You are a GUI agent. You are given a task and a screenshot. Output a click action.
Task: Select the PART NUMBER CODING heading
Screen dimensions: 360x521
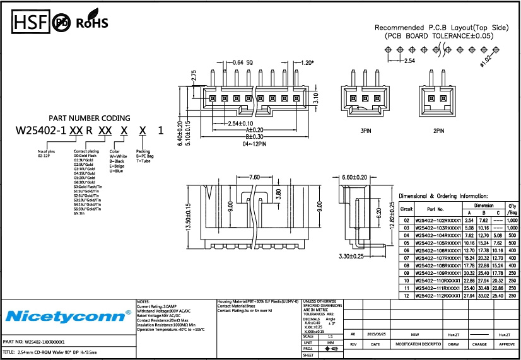pos(90,118)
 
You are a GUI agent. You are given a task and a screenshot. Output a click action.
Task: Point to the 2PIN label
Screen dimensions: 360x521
pos(439,131)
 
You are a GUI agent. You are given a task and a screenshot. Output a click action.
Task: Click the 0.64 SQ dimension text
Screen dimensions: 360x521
pos(243,62)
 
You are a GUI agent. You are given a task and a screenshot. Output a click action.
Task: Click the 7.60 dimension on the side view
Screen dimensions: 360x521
pos(255,177)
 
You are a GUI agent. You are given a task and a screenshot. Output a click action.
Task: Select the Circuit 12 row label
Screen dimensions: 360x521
pos(407,296)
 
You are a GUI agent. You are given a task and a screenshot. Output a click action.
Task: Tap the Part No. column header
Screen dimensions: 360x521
pos(436,209)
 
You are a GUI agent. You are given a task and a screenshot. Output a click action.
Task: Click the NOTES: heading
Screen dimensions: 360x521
pos(143,302)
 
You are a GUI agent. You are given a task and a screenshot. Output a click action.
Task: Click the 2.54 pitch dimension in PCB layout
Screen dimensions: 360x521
pos(409,61)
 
